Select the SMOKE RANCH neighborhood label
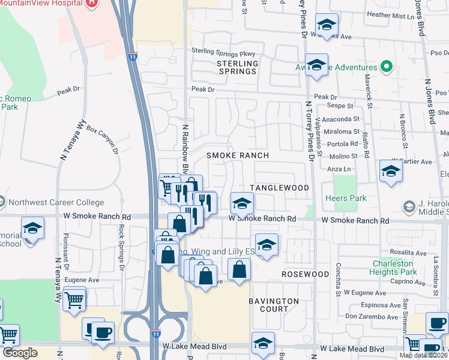click(x=237, y=155)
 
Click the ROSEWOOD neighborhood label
click(x=306, y=274)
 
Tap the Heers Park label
click(x=345, y=198)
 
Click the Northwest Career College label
click(x=52, y=203)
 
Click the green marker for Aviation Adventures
click(x=387, y=67)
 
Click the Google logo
click(x=20, y=353)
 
